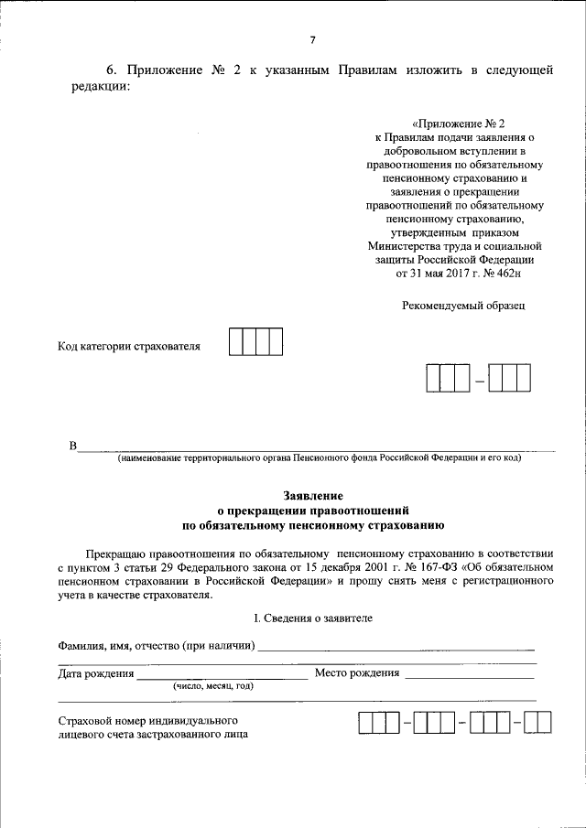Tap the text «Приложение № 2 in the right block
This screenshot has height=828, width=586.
coord(458,122)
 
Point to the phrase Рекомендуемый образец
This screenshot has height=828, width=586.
coord(464,306)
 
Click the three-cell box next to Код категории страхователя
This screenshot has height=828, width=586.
coord(255,342)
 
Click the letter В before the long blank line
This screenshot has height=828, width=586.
coord(72,446)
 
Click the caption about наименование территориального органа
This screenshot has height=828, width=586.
coord(313,459)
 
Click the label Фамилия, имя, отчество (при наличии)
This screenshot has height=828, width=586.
coord(156,647)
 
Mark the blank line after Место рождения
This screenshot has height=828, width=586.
coord(470,676)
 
